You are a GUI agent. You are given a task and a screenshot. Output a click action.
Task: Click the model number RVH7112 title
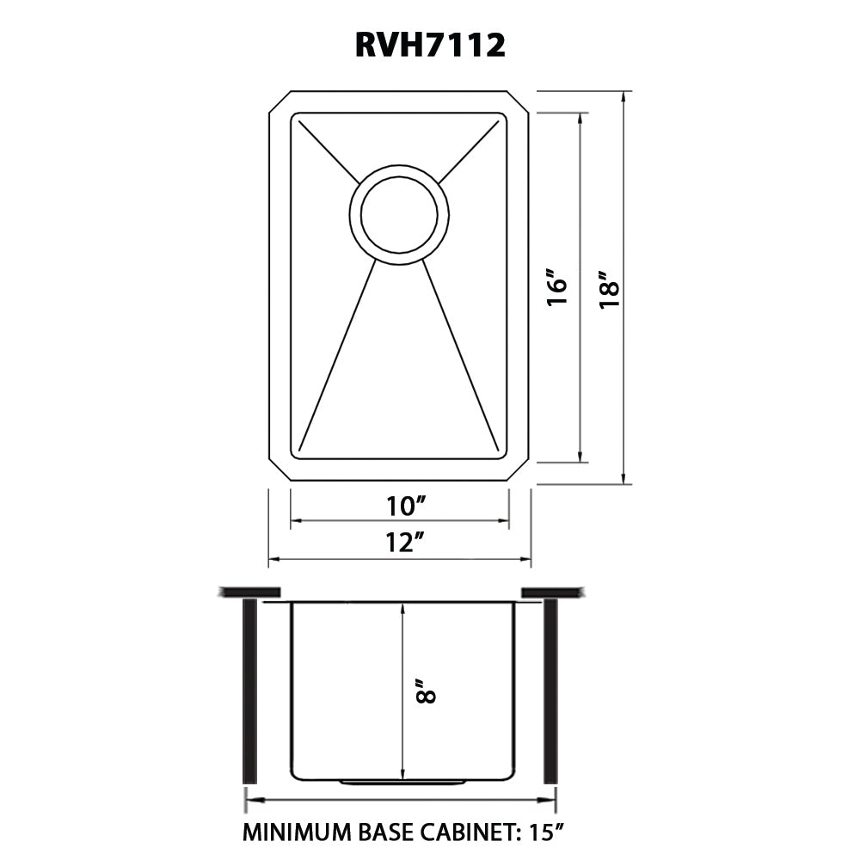click(x=430, y=45)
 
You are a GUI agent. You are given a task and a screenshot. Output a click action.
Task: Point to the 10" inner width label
click(x=407, y=506)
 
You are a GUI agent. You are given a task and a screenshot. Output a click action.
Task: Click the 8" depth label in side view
click(x=426, y=691)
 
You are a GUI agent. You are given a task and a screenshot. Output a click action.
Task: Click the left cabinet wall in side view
click(x=249, y=691)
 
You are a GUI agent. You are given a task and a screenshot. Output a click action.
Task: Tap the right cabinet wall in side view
click(x=550, y=691)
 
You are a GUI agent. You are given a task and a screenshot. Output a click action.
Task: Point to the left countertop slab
click(x=250, y=592)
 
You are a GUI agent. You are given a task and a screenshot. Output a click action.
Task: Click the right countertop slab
click(x=552, y=592)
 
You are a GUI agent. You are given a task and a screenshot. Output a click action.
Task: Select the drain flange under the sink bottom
click(x=403, y=781)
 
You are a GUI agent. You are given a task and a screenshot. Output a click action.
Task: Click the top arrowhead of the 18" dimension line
click(x=623, y=96)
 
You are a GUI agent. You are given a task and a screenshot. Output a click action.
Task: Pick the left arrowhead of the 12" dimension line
click(x=274, y=559)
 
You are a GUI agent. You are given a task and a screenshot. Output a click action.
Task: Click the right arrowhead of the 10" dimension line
click(x=503, y=520)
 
